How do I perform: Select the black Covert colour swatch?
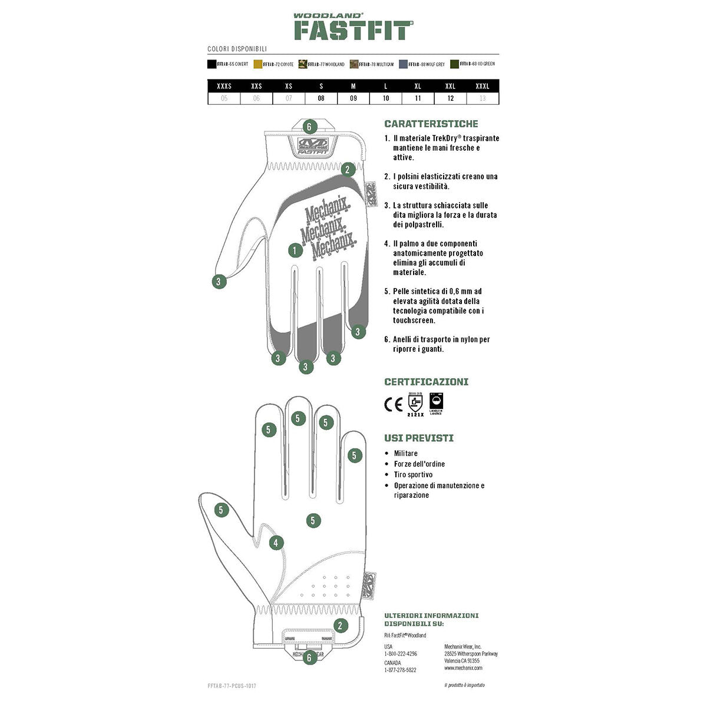212,64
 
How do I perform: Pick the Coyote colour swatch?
257,64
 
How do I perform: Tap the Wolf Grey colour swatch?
403,64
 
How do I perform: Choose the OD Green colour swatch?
454,64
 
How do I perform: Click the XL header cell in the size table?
418,86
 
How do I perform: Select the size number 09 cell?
353,98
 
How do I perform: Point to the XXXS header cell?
224,86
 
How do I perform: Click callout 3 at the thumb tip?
219,282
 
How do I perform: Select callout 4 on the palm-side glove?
276,543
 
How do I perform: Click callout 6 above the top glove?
310,127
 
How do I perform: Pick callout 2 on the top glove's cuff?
348,170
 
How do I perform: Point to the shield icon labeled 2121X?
415,404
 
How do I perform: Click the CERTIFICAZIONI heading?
426,382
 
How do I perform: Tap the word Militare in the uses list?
405,453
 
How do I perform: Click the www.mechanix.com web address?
463,668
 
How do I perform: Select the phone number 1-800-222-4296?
401,654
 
